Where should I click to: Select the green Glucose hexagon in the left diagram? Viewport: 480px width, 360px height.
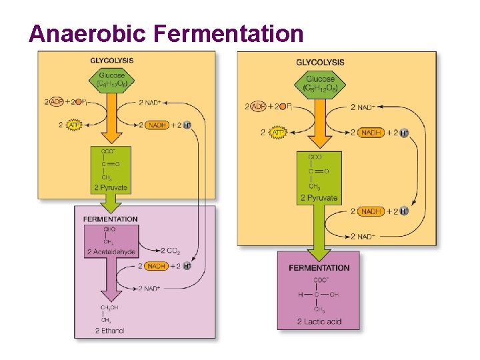tap(112, 80)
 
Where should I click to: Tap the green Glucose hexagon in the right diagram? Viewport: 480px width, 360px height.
tap(321, 83)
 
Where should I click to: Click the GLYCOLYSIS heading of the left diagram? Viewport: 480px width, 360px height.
tap(112, 61)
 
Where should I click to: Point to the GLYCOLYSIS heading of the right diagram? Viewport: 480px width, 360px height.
tap(320, 62)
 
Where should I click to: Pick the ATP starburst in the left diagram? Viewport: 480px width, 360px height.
tap(73, 125)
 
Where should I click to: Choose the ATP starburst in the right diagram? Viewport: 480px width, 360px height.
tap(277, 133)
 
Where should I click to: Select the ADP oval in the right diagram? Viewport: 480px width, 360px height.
tap(258, 107)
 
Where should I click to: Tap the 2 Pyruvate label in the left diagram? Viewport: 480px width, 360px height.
tap(111, 187)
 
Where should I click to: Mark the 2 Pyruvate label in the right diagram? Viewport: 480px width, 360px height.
tap(320, 197)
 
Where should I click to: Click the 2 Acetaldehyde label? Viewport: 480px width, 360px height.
tap(111, 251)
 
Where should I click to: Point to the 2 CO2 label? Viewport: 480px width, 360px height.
tap(171, 251)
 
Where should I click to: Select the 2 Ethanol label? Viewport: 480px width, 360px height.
tap(110, 331)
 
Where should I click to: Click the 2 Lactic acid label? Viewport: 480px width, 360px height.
tap(319, 322)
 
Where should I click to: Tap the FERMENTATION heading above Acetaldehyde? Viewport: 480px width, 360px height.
tap(111, 219)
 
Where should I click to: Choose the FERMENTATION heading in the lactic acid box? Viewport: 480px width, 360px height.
tap(319, 268)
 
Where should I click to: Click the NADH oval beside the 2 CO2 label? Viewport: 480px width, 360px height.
tap(156, 266)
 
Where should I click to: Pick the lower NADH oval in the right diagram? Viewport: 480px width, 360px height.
tap(371, 211)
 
